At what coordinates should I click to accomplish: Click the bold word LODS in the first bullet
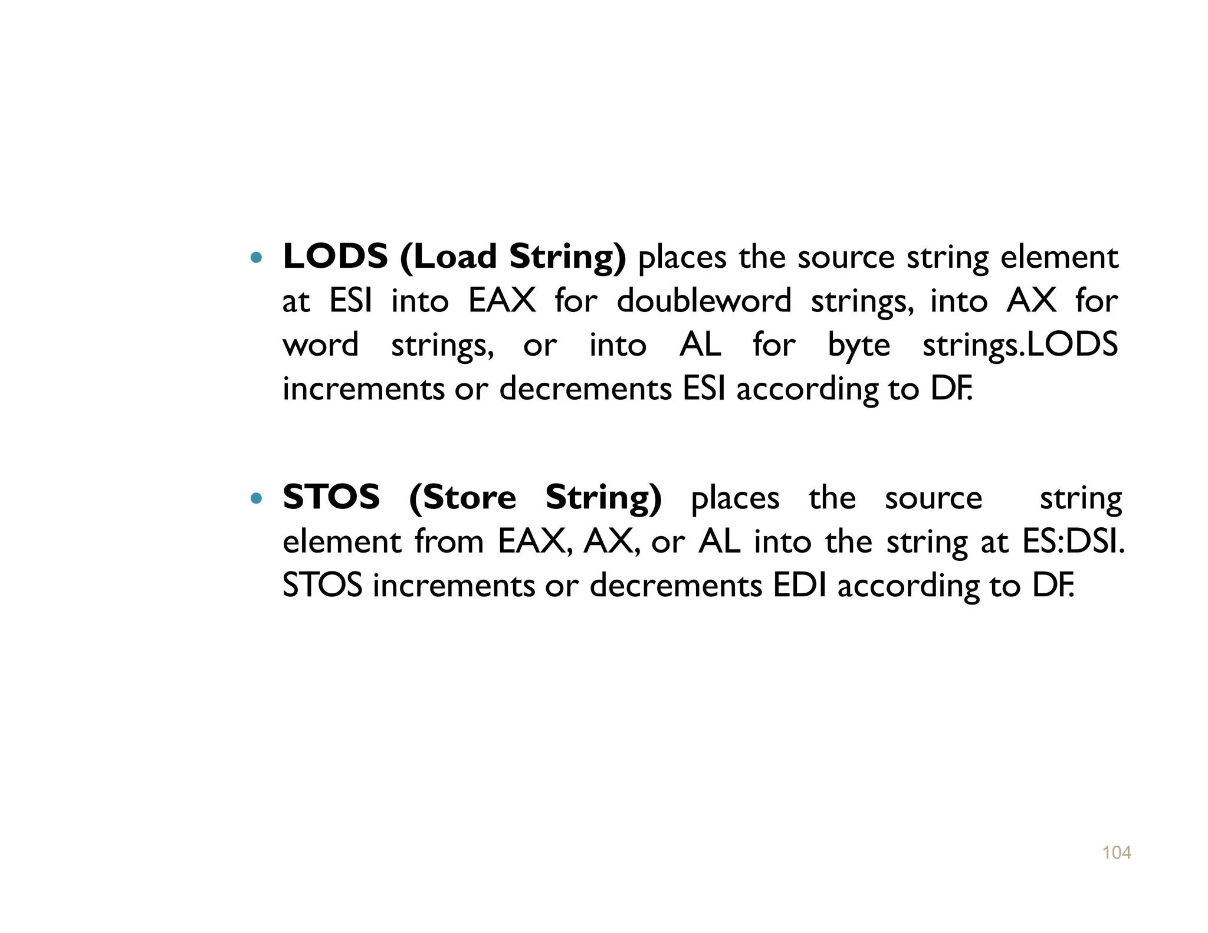pyautogui.click(x=335, y=257)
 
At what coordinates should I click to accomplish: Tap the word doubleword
pyautogui.click(x=704, y=301)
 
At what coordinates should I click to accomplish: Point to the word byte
pyautogui.click(x=859, y=345)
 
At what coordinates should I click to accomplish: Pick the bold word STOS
pyautogui.click(x=331, y=497)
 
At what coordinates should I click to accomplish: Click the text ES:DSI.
pyautogui.click(x=1073, y=541)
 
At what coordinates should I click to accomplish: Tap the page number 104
pyautogui.click(x=1116, y=853)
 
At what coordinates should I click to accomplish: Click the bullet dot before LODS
pyautogui.click(x=255, y=258)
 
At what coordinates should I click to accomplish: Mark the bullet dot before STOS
pyautogui.click(x=255, y=498)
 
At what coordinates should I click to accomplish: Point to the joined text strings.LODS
pyautogui.click(x=1020, y=345)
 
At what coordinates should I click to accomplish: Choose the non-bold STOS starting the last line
pyautogui.click(x=322, y=586)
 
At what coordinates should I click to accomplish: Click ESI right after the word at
pyautogui.click(x=350, y=301)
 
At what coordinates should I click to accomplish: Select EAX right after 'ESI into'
pyautogui.click(x=502, y=301)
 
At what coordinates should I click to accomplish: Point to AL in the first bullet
pyautogui.click(x=700, y=345)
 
